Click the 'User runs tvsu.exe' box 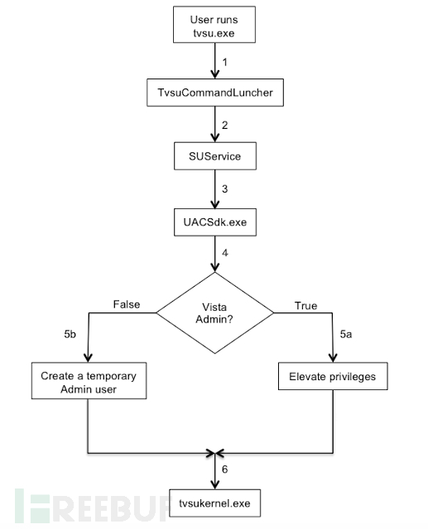coord(214,25)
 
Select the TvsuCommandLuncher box coord(215,93)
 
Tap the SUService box coord(215,156)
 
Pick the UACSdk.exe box coord(215,222)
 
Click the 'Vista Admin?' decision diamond coord(215,312)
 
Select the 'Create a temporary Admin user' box coord(89,381)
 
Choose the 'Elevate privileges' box coord(333,376)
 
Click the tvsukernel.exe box coord(215,503)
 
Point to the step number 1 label coord(224,62)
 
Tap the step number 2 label coord(224,125)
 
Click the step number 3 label coord(224,189)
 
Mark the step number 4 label coord(224,253)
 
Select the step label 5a coord(345,334)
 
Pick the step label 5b coord(70,334)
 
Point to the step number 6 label coord(224,469)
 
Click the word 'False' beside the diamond coord(127,304)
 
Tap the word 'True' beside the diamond coord(305,306)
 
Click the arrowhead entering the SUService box coord(215,138)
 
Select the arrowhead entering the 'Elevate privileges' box coord(333,358)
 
